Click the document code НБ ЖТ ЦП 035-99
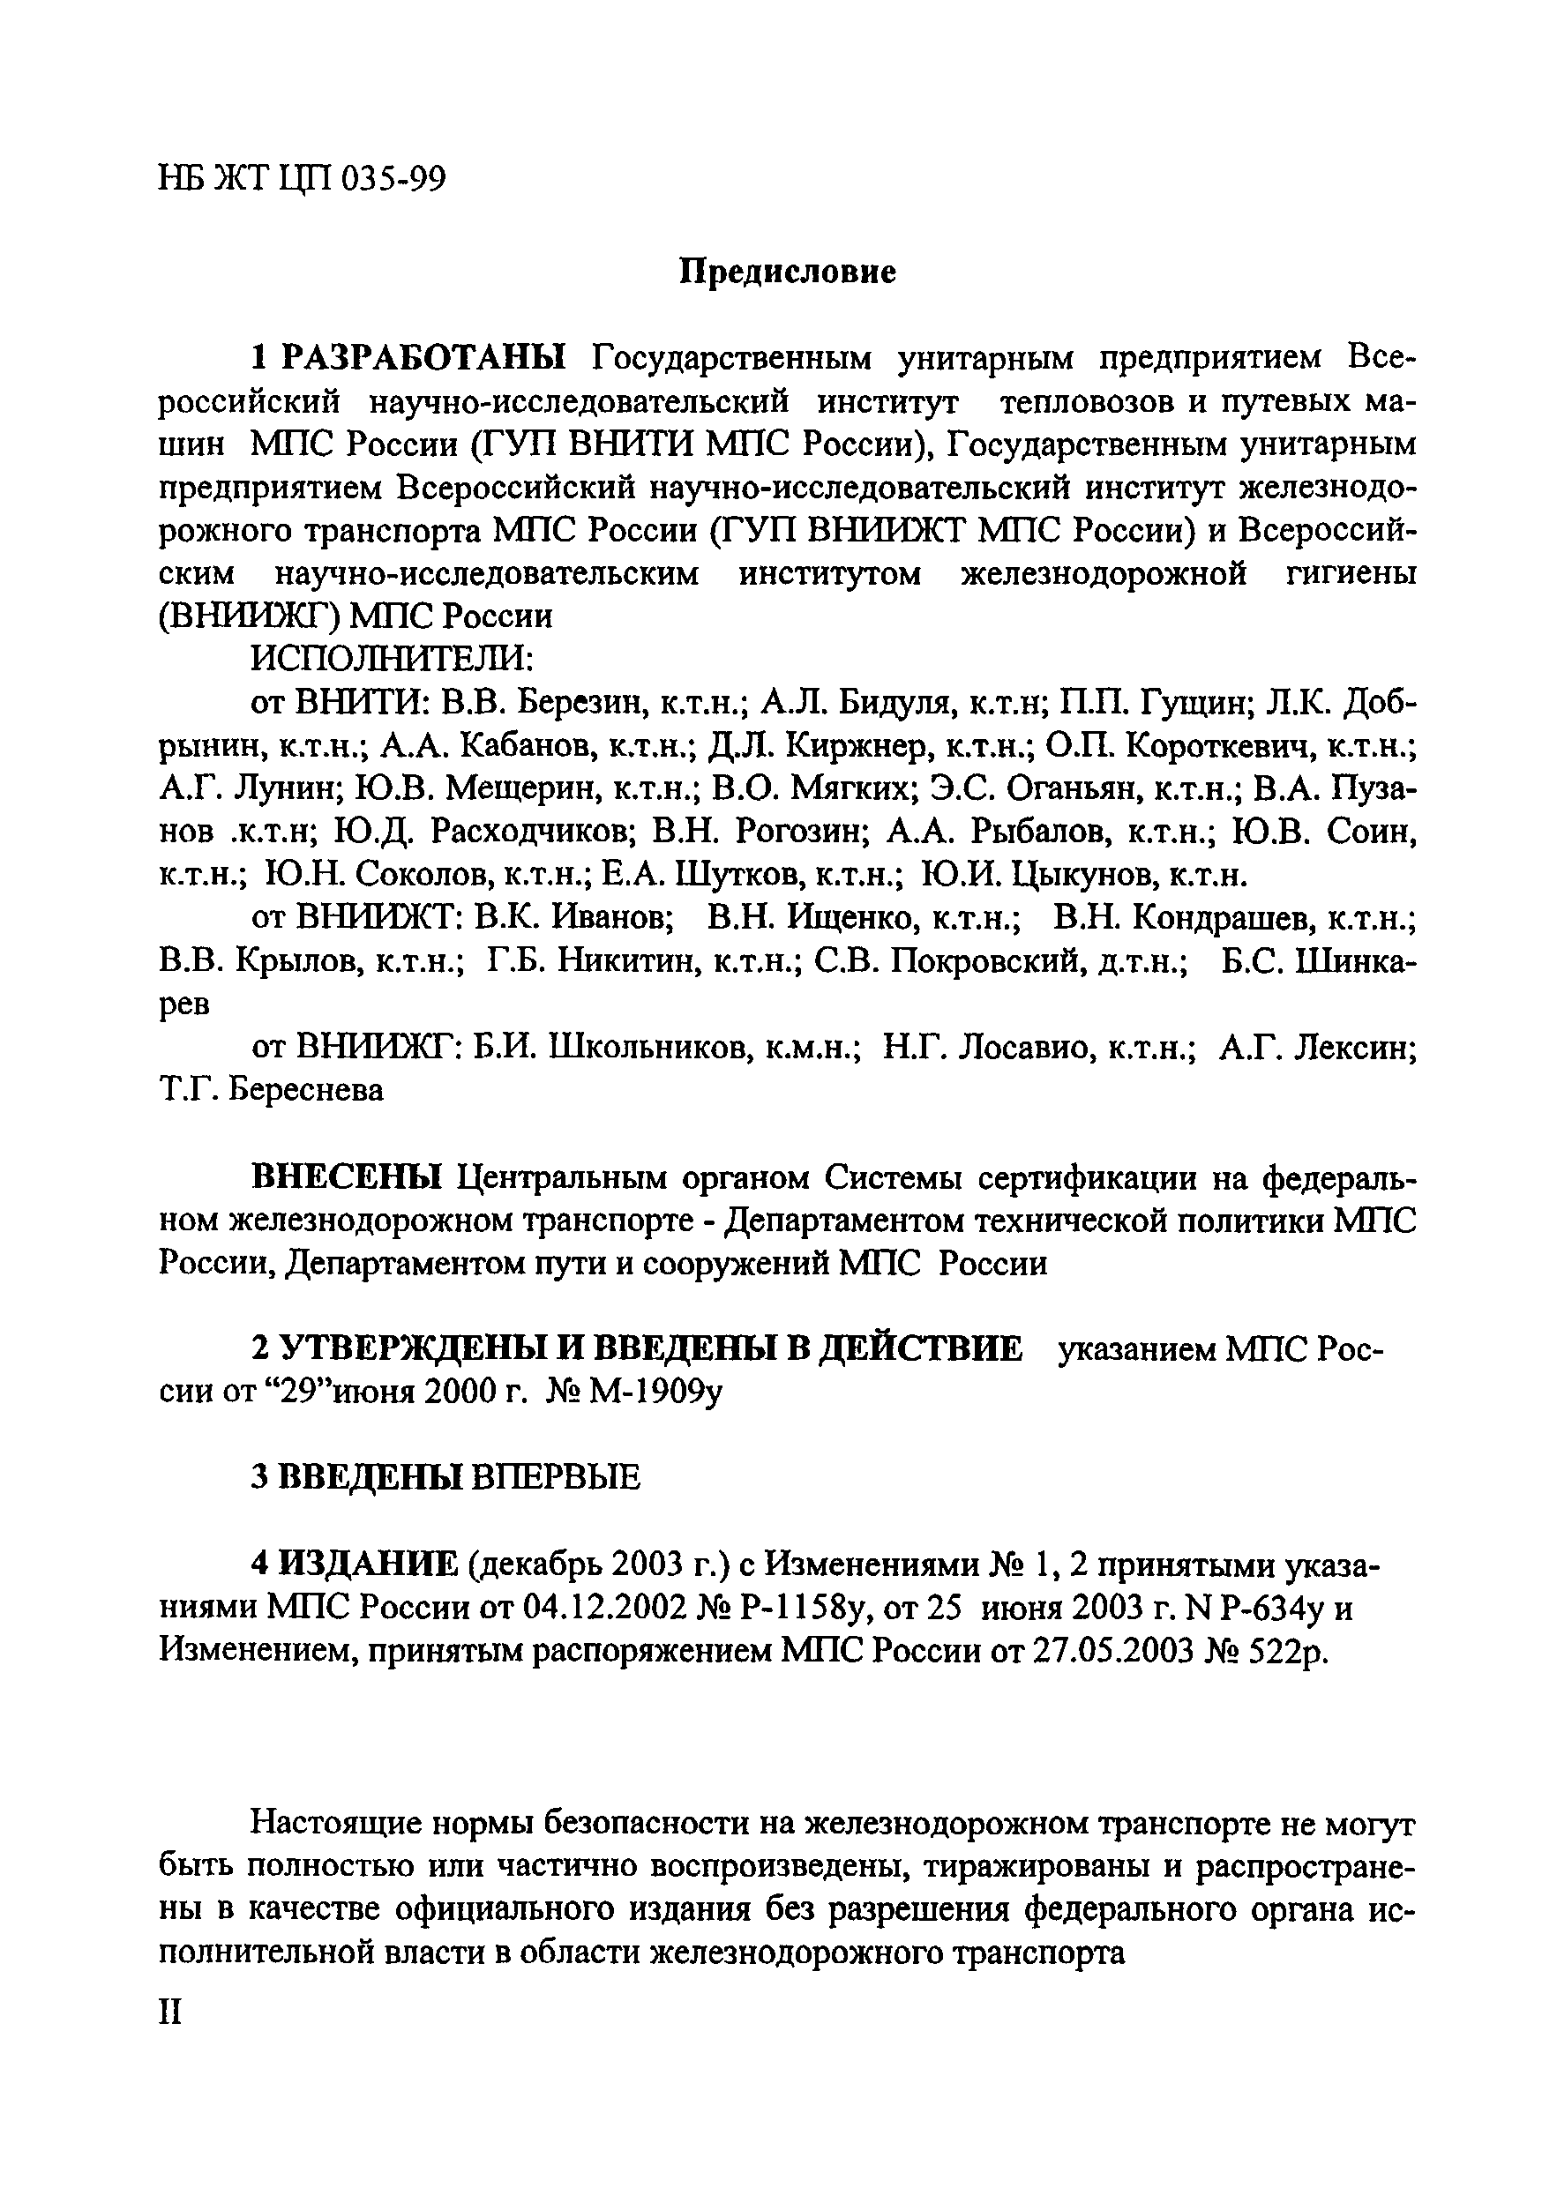(301, 179)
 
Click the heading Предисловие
(787, 273)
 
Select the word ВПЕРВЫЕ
(558, 1478)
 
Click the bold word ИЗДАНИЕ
(368, 1564)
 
